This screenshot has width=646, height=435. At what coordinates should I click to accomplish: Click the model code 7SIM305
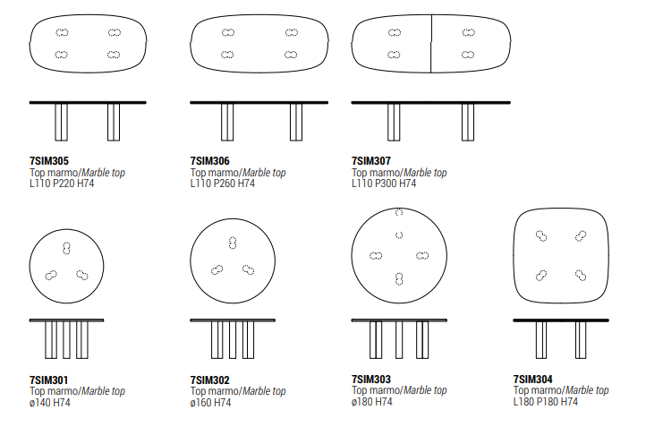(x=49, y=161)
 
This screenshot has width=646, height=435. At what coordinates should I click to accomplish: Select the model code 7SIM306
(x=209, y=161)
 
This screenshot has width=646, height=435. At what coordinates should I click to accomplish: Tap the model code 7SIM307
(x=371, y=161)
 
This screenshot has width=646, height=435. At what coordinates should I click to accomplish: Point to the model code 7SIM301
(x=48, y=380)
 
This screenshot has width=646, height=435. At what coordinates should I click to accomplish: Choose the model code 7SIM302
(x=209, y=380)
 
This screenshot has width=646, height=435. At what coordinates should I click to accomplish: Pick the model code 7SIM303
(x=371, y=379)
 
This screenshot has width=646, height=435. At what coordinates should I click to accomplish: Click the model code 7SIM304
(x=532, y=379)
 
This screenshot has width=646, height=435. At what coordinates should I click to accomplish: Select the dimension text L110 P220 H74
(x=62, y=183)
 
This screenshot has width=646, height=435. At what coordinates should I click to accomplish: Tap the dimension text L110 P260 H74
(x=223, y=183)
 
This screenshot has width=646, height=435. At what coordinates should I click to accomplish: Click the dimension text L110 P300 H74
(x=384, y=183)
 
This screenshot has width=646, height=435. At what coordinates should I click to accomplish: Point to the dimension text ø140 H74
(x=50, y=403)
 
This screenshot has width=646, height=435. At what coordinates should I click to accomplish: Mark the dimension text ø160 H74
(x=210, y=403)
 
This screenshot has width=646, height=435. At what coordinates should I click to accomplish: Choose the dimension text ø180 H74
(x=372, y=402)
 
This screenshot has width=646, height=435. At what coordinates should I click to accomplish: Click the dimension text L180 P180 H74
(x=546, y=402)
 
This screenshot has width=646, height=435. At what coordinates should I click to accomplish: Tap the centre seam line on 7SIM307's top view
(x=431, y=44)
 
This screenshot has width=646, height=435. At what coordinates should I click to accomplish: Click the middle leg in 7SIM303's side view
(x=399, y=340)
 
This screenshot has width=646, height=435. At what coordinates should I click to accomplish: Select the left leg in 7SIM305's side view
(x=62, y=122)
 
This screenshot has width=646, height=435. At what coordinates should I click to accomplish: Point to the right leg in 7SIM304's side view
(x=581, y=340)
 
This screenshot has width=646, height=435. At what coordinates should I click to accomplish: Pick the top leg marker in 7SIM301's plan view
(x=66, y=248)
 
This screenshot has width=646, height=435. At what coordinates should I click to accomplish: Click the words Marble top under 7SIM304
(x=587, y=390)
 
